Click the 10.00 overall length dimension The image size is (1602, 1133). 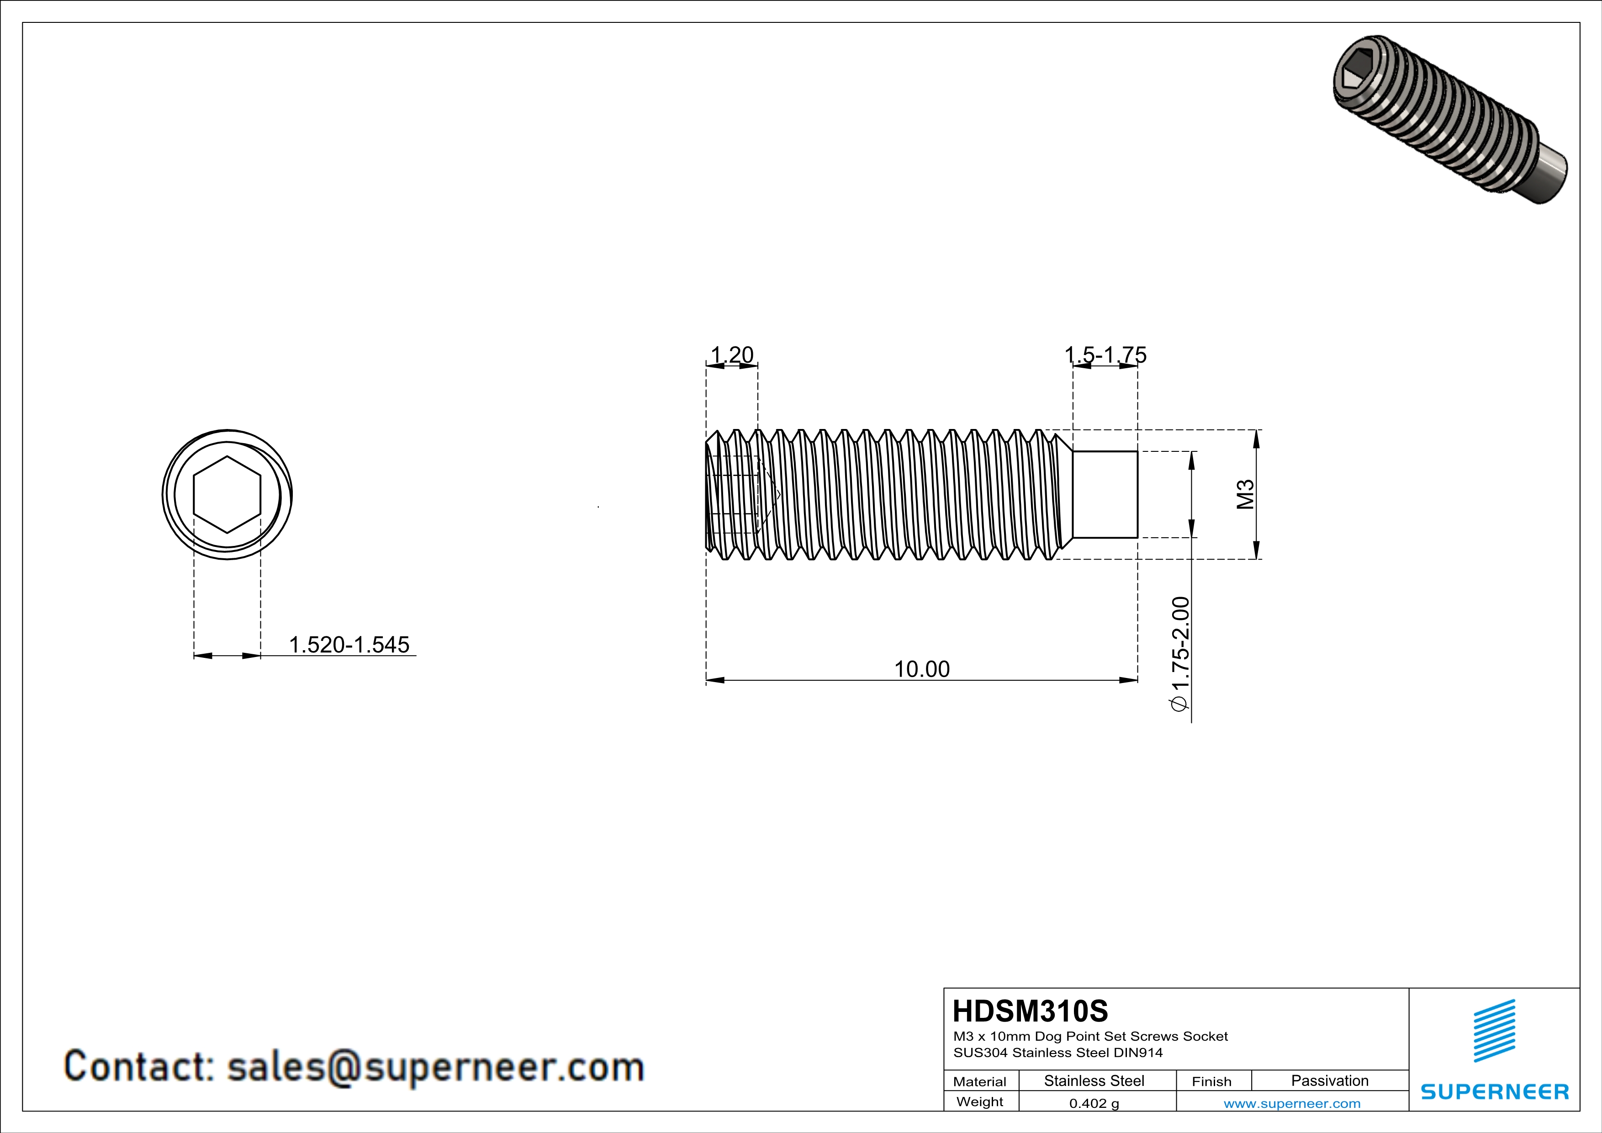pyautogui.click(x=922, y=669)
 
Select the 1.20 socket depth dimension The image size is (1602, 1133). pyautogui.click(x=731, y=355)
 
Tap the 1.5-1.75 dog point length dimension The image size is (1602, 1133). pyautogui.click(x=1105, y=355)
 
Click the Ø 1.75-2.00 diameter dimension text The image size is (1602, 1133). pyautogui.click(x=1180, y=654)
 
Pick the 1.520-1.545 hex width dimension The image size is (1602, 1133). pyautogui.click(x=349, y=645)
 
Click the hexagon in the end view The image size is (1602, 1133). pyautogui.click(x=227, y=495)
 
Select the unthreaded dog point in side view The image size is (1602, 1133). pyautogui.click(x=1105, y=495)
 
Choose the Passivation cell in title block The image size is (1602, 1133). pyautogui.click(x=1329, y=1080)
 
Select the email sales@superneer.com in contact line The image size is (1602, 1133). pyautogui.click(x=435, y=1067)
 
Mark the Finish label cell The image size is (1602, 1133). pyautogui.click(x=1211, y=1081)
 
